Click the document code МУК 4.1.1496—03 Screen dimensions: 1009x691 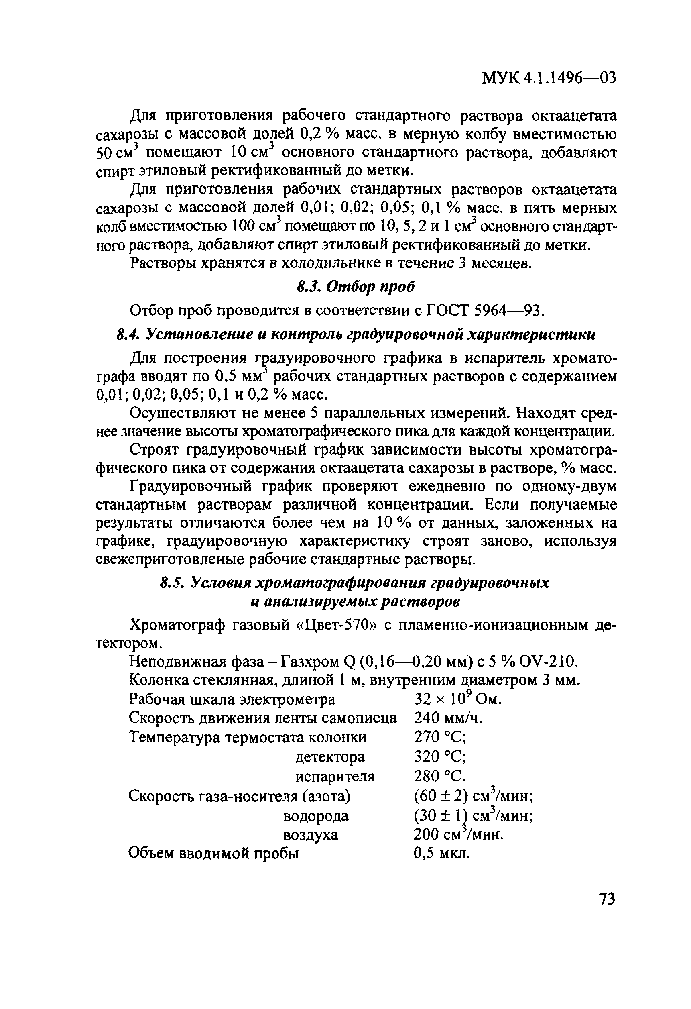point(549,78)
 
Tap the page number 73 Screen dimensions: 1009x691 point(606,899)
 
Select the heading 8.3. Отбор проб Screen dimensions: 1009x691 point(356,287)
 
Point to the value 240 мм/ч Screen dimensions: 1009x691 point(448,719)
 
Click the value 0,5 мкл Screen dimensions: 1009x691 point(442,854)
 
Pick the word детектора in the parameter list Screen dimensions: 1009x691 point(330,758)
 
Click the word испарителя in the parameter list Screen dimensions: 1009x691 point(335,777)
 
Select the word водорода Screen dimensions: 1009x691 point(315,816)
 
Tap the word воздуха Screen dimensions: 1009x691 point(310,835)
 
